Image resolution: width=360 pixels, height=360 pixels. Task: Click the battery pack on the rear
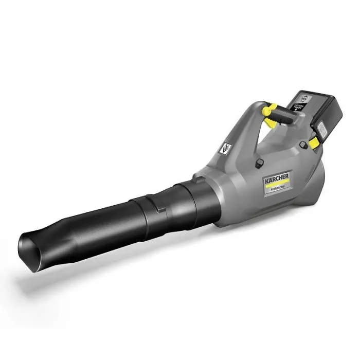pos(314,111)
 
